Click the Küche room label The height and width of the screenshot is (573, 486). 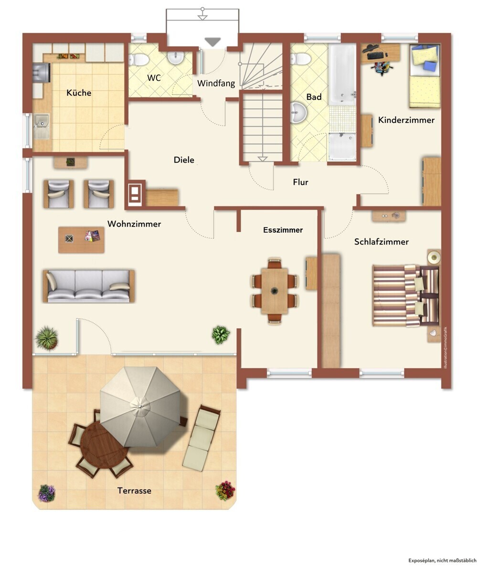(x=79, y=93)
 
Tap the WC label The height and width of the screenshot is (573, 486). (x=154, y=78)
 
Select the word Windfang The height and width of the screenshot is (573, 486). (x=216, y=83)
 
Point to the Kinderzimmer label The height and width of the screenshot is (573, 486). (x=406, y=120)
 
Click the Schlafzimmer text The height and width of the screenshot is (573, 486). (x=381, y=242)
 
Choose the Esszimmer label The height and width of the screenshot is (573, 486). (x=283, y=230)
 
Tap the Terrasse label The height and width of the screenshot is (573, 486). (x=134, y=491)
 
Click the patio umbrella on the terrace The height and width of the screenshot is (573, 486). (x=140, y=407)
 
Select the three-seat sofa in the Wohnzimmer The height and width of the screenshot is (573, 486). (x=89, y=286)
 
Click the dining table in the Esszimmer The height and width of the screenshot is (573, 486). (x=275, y=291)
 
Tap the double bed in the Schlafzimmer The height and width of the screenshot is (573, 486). (x=406, y=296)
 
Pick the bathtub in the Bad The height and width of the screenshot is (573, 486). (x=342, y=74)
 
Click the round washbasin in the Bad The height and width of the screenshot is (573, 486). (x=298, y=113)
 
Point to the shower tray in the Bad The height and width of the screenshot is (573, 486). (x=342, y=147)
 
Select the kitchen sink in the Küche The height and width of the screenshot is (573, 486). (x=42, y=127)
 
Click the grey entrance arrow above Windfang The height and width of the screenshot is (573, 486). (x=212, y=42)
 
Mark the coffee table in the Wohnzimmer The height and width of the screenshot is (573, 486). (x=81, y=240)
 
